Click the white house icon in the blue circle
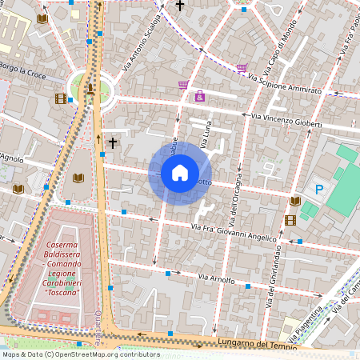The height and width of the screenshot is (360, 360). [x=180, y=173]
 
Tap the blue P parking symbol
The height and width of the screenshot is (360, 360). [x=319, y=190]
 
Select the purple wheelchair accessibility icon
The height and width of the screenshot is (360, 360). [x=199, y=97]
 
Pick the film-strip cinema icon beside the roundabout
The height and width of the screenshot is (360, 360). [x=61, y=99]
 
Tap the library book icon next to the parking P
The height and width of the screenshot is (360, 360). [x=295, y=201]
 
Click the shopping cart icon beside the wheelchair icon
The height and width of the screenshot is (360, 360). [x=183, y=85]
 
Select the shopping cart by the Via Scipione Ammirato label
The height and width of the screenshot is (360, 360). [x=242, y=68]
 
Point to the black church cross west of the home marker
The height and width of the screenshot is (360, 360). [x=113, y=143]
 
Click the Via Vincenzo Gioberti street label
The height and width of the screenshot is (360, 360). [x=286, y=121]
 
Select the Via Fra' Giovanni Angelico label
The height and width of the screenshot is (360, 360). [x=234, y=232]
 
